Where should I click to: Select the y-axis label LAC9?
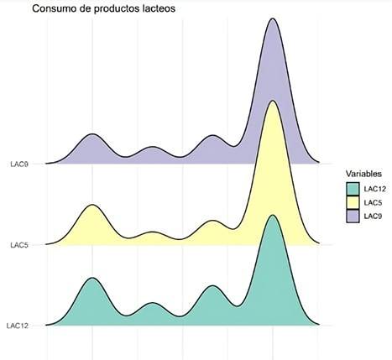[x=19, y=164]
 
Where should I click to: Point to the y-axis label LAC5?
[x=19, y=245]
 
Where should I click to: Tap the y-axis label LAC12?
[x=18, y=326]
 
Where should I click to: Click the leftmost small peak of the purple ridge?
[x=92, y=135]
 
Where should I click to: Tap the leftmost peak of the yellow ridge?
[x=91, y=205]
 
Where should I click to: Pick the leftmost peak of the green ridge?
[x=91, y=278]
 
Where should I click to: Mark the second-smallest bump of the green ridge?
[x=152, y=304]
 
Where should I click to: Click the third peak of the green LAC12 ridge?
[x=214, y=286]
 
